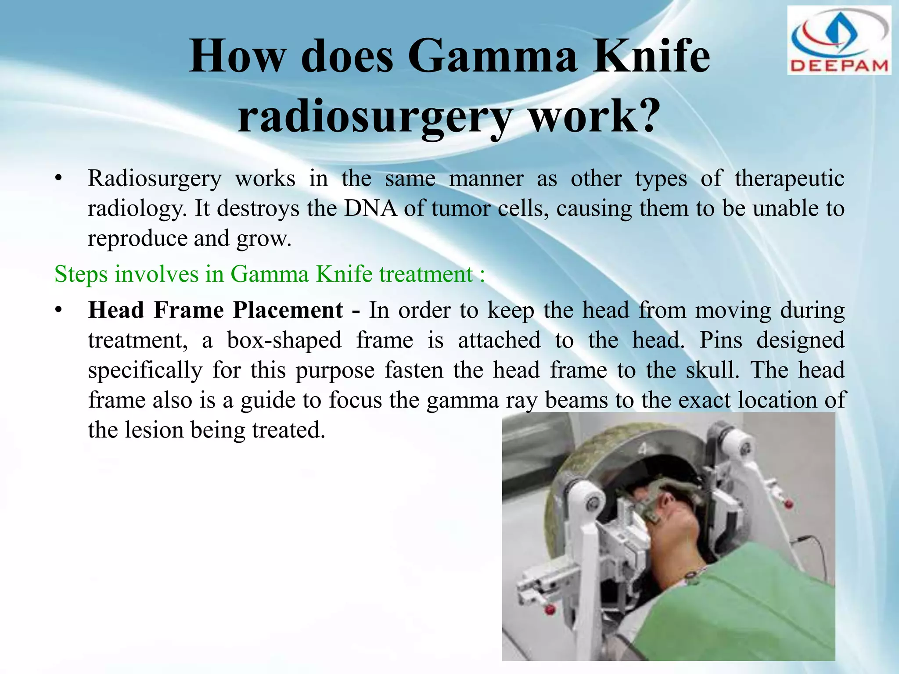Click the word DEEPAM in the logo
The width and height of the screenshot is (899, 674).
[x=839, y=66]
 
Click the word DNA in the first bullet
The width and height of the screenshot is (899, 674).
[x=370, y=208]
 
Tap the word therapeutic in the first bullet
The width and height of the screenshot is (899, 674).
[x=789, y=179]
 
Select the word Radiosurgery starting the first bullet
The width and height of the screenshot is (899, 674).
[x=155, y=179]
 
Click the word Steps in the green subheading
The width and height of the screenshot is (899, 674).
[x=81, y=274]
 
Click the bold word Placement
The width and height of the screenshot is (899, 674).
[x=288, y=310]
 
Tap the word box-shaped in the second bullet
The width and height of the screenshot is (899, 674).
[x=284, y=341]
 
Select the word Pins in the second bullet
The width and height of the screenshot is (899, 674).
[x=720, y=340]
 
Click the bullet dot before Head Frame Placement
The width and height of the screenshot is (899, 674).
[x=58, y=310]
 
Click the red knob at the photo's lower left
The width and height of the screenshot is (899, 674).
[x=549, y=609]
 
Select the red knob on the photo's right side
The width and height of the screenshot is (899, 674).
[x=788, y=503]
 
